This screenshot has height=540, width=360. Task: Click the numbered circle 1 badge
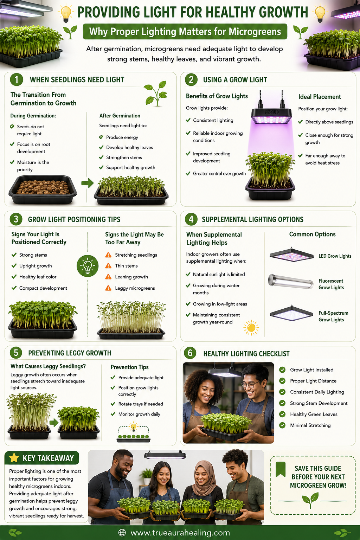point(17,79)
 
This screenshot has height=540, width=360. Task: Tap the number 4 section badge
point(191,219)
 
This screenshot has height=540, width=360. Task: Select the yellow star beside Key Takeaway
point(14,457)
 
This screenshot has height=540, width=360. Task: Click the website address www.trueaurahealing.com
point(180,533)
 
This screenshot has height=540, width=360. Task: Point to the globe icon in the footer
point(122,533)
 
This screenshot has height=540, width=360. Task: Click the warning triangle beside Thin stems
point(108,266)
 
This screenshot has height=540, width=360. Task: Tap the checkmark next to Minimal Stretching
point(282,425)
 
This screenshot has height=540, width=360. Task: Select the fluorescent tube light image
point(290,282)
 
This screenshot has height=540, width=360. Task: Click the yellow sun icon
point(251,328)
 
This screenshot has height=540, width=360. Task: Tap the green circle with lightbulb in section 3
point(88,266)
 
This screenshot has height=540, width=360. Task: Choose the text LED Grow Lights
point(335,256)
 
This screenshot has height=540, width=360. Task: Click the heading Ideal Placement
point(320,97)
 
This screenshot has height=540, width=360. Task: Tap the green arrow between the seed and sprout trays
point(88,183)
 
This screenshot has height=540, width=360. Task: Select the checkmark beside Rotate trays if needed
point(112,404)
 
